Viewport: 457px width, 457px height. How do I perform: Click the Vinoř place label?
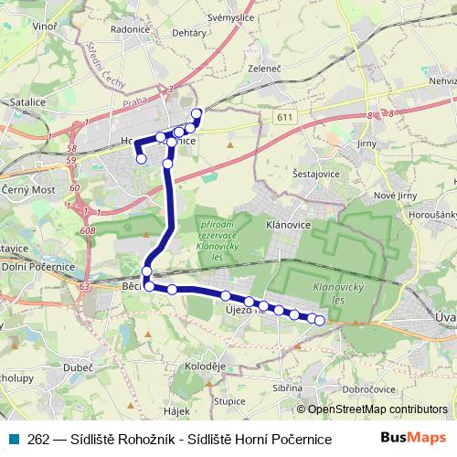(43, 27)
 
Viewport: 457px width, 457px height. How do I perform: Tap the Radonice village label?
(130, 27)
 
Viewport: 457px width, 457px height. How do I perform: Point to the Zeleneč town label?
(264, 69)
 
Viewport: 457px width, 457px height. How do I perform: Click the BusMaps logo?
(415, 438)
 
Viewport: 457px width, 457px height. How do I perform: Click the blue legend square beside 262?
(16, 438)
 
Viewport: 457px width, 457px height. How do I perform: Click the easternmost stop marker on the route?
(320, 320)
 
